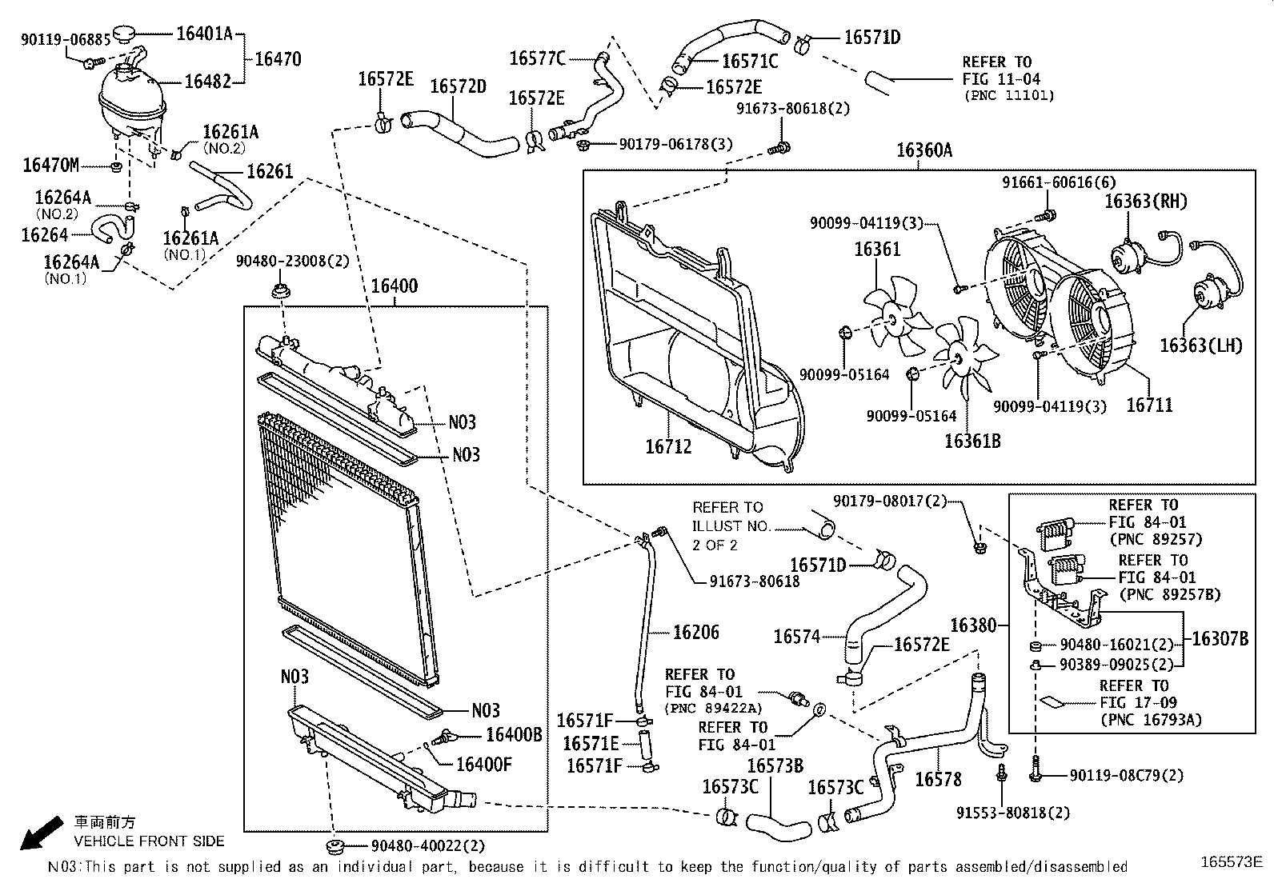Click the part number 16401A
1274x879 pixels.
(204, 34)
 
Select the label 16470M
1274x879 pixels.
(51, 166)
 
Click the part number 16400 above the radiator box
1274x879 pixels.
(394, 286)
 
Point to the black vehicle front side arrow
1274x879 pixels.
(40, 833)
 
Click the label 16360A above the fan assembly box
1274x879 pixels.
(923, 150)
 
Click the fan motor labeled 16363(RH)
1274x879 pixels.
(1128, 254)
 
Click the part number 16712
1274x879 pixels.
(668, 446)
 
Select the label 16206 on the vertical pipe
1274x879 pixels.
(696, 633)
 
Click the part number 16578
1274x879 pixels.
(938, 778)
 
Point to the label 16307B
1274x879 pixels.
(1220, 638)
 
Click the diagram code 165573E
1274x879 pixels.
(1232, 861)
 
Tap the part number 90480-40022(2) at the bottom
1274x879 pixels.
(428, 845)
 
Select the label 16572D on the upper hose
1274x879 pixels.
(458, 86)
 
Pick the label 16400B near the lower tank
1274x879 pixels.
(514, 735)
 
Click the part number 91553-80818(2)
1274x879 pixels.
(1012, 813)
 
